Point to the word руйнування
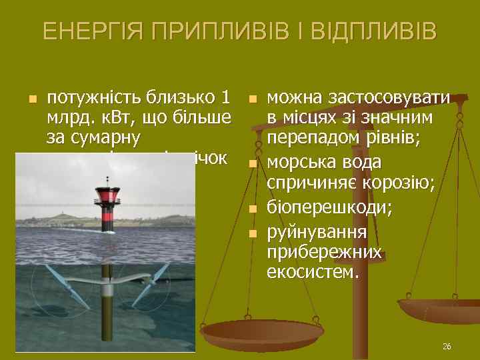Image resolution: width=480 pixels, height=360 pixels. [x=317, y=232]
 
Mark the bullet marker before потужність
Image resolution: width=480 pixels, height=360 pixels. [x=31, y=101]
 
